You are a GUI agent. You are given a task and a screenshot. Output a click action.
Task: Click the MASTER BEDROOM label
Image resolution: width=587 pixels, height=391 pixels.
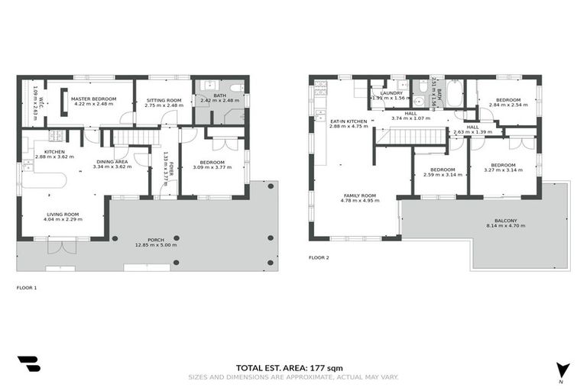pyautogui.click(x=92, y=99)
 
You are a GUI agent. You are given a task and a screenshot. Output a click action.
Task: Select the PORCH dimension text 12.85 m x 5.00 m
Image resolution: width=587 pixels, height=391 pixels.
pyautogui.click(x=155, y=245)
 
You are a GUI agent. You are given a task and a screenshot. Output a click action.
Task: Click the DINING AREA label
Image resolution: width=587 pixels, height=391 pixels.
pyautogui.click(x=112, y=161)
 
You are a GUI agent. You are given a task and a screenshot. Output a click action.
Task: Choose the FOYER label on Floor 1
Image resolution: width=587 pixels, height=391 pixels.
pyautogui.click(x=172, y=164)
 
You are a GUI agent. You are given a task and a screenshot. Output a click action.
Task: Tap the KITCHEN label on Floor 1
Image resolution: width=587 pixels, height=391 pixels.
pyautogui.click(x=54, y=152)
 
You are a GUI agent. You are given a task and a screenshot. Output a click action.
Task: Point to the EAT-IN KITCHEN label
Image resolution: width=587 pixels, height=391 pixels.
pyautogui.click(x=348, y=121)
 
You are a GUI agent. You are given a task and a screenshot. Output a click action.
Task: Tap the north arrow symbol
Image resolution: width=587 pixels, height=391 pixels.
pyautogui.click(x=563, y=368)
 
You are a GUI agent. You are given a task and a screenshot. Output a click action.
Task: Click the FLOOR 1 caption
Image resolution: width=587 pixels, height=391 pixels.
pyautogui.click(x=26, y=288)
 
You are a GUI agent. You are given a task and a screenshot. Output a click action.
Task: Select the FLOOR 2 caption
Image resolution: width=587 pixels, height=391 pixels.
pyautogui.click(x=319, y=258)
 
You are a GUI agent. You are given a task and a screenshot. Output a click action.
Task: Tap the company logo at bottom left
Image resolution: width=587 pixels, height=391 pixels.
pyautogui.click(x=28, y=364)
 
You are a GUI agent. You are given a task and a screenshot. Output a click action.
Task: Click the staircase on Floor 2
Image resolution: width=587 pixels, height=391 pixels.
pyautogui.click(x=412, y=137)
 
